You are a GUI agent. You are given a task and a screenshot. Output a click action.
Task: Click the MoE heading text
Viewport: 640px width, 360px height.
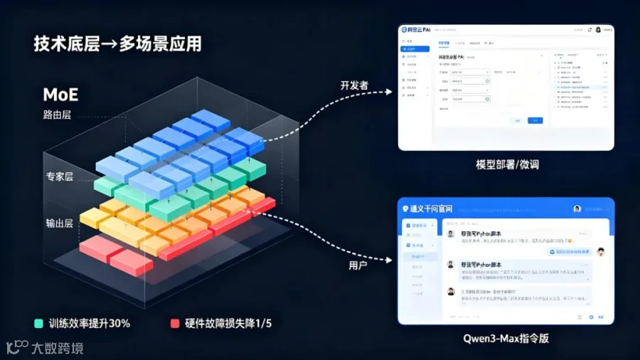click(60, 94)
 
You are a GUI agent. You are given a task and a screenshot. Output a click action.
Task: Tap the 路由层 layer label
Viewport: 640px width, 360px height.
click(58, 115)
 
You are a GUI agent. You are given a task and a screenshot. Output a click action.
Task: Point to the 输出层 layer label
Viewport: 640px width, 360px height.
click(59, 223)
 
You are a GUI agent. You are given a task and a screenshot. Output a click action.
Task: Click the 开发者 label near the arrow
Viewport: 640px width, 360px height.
click(355, 85)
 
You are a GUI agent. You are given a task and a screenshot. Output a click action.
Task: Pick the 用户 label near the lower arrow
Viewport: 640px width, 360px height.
click(358, 265)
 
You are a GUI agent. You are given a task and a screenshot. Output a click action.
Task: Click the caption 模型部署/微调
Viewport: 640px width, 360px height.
click(507, 164)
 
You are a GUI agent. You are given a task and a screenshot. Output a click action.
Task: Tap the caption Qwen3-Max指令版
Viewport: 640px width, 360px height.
click(506, 339)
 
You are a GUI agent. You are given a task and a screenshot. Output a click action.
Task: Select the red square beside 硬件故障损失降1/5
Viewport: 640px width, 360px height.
click(174, 323)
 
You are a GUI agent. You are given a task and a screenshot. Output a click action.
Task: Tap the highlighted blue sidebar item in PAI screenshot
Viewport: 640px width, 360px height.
click(414, 49)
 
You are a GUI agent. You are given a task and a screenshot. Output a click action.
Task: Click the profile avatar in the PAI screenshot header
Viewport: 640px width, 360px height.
click(599, 31)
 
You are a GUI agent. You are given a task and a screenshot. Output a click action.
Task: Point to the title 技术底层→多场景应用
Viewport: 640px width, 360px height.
click(117, 43)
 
